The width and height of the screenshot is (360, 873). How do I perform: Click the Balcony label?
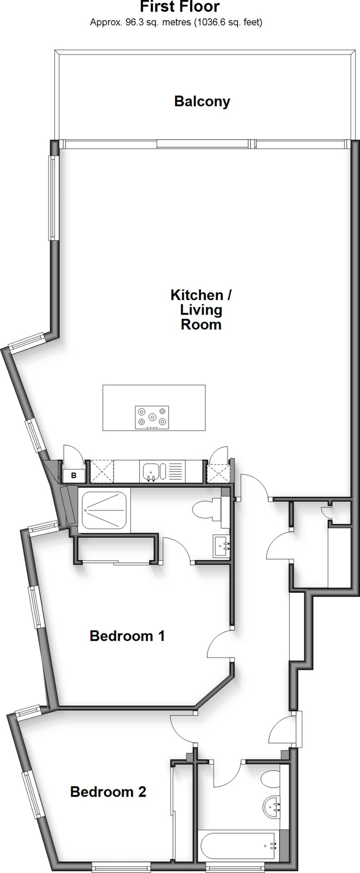[x=202, y=101]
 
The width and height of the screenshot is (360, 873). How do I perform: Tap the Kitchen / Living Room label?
[x=201, y=309]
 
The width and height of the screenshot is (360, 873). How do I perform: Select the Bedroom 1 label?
[x=127, y=635]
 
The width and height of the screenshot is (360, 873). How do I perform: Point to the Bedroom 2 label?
[x=108, y=792]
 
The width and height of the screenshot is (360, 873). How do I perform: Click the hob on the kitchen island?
[x=152, y=417]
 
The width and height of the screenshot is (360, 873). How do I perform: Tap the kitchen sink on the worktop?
[x=150, y=472]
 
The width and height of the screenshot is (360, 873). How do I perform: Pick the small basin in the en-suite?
[x=222, y=546]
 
